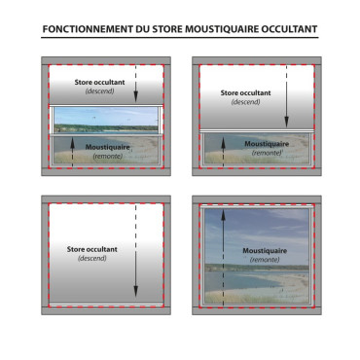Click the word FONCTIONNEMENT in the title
point(88,29)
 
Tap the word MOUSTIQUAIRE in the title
point(222,29)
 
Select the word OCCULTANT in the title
point(289,29)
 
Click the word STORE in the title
point(167,29)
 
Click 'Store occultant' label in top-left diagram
point(99,83)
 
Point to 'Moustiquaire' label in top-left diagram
point(107,147)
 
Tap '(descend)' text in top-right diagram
point(245,102)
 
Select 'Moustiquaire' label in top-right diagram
point(267,144)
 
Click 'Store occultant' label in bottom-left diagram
point(92,249)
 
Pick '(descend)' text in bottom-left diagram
point(92,259)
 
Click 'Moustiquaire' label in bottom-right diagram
point(265,251)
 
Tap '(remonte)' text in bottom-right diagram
point(265,260)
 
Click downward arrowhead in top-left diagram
point(136,96)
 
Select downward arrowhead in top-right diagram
point(287,123)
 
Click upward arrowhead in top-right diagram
point(223,143)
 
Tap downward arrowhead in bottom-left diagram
point(136,292)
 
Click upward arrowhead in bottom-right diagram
point(223,215)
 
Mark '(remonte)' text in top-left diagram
point(108,157)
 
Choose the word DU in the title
point(143,29)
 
